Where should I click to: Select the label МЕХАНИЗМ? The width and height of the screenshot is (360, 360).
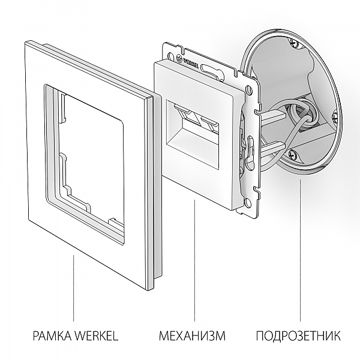click(192, 335)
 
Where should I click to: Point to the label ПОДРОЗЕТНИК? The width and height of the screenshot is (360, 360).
click(298, 335)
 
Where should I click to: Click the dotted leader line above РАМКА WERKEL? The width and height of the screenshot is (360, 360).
click(73, 288)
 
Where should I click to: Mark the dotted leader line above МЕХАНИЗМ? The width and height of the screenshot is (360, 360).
click(193, 264)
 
